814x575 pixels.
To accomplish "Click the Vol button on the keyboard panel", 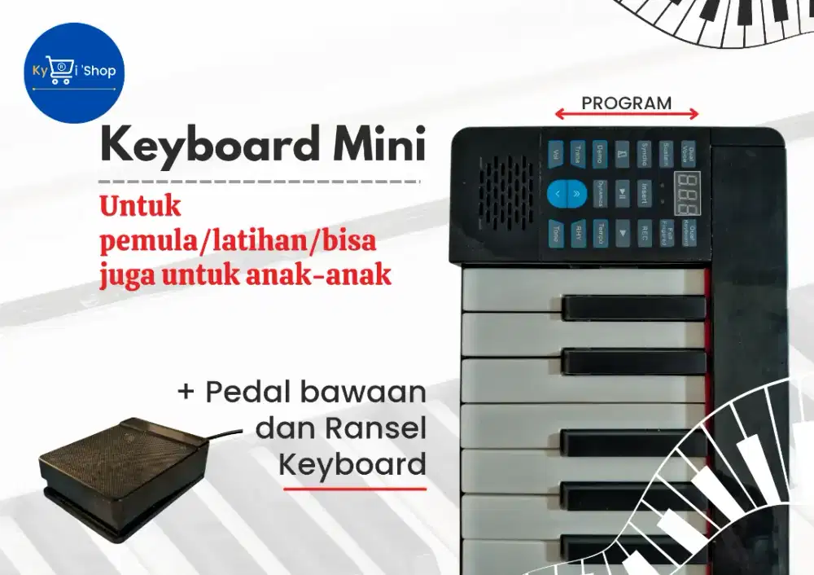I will [556, 152].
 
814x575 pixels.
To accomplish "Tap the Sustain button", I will [667, 152].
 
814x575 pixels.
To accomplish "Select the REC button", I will [645, 231].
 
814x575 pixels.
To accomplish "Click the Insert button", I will [645, 193].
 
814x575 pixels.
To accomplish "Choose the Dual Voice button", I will [689, 152].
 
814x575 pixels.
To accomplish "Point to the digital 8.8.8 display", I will [686, 189].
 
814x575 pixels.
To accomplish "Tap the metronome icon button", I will [623, 152].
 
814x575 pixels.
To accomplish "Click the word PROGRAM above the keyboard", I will [626, 103].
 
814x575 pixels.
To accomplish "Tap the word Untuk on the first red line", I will [140, 206].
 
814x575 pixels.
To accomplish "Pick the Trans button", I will [578, 152].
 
